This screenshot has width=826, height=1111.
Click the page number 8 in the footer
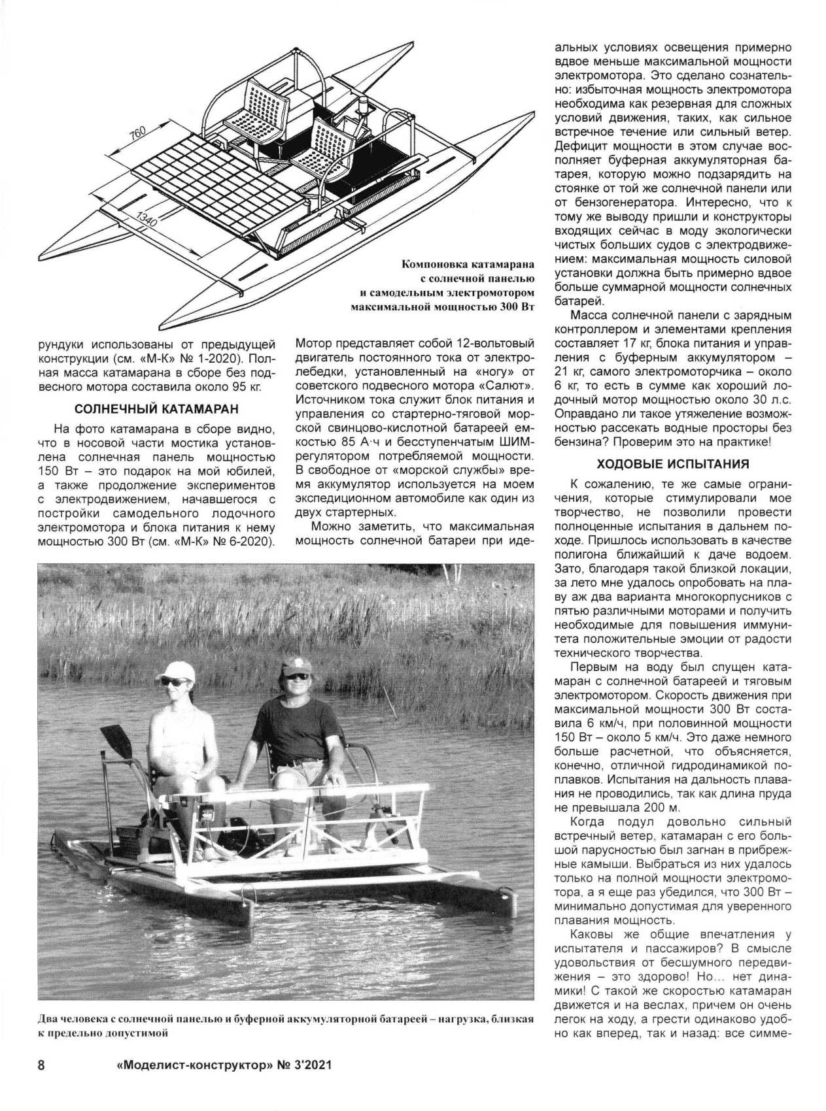click(x=41, y=1065)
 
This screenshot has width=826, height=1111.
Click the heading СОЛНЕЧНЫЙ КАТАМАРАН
click(x=156, y=410)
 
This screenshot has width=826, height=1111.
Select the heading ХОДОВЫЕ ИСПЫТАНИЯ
click(x=672, y=465)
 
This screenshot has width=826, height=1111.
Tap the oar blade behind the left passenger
click(x=118, y=738)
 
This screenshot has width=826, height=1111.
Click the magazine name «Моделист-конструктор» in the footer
click(x=193, y=1065)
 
